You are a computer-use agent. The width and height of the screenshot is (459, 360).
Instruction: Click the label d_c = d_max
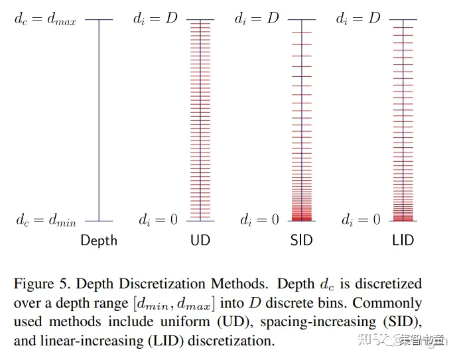(45, 20)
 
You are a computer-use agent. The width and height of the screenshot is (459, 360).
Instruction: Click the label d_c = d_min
(46, 220)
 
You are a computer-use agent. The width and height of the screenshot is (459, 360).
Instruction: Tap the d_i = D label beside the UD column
(155, 19)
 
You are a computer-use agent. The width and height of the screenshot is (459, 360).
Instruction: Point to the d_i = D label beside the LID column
(358, 19)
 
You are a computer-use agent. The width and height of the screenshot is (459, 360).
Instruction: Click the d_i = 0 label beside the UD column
(158, 220)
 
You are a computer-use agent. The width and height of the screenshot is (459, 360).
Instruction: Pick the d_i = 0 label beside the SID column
(259, 220)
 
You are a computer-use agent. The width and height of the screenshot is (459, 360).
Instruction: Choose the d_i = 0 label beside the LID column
(361, 220)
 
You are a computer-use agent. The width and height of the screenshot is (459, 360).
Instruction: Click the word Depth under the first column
(99, 241)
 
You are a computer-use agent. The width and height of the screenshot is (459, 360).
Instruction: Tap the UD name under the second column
(200, 240)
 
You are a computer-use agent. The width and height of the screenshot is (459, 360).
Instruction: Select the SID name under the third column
(302, 240)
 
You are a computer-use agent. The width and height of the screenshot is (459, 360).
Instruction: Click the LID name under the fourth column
(403, 240)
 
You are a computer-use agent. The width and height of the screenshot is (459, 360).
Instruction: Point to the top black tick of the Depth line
(99, 20)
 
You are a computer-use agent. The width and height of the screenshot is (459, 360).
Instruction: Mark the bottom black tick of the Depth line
(99, 221)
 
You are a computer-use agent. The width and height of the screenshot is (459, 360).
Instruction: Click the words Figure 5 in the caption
(41, 284)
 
